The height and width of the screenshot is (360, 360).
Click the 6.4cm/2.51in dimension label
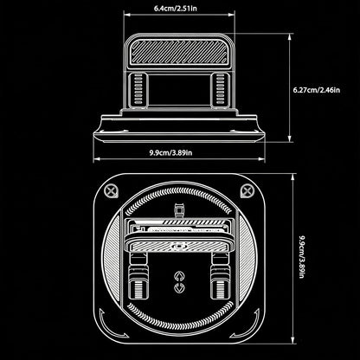pos(176,8)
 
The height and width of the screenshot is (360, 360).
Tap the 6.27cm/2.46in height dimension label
pos(317,90)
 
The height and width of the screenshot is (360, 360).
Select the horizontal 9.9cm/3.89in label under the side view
pos(170,152)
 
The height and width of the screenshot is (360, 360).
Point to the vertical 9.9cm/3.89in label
pos(301,257)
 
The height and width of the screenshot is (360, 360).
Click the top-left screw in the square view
pos(111,191)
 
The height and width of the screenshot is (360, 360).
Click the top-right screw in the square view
pos(247,190)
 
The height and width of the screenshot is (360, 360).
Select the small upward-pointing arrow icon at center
pos(179,276)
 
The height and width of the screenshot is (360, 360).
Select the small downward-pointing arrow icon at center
pos(179,288)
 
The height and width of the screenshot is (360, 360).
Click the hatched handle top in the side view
pos(179,52)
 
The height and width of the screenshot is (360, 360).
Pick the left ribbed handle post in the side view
pos(138,90)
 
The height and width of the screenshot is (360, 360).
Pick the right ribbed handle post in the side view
pos(220,90)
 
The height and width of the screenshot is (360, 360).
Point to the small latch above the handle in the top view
pos(179,210)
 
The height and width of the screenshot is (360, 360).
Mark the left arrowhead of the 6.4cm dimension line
pos(126,15)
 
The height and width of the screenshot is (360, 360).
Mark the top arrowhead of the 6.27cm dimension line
pos(290,37)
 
